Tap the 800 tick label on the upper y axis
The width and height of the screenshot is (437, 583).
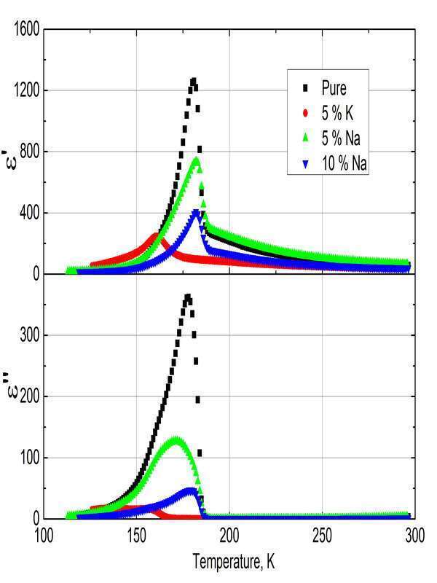pos(29,152)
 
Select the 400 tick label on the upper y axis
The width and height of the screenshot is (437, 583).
pos(29,214)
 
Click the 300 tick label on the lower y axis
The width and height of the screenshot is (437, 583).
pos(29,336)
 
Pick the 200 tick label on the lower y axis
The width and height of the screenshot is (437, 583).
pos(29,397)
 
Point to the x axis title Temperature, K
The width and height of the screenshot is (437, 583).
pos(234,562)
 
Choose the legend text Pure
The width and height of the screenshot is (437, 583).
pos(335,89)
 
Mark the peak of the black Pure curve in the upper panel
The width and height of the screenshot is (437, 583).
pos(193,81)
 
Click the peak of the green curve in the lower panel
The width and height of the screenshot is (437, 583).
pos(176,440)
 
